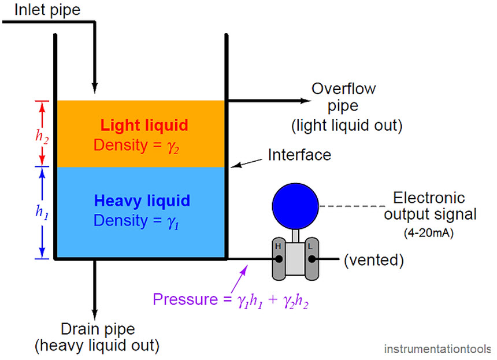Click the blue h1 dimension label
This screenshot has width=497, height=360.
coord(42,212)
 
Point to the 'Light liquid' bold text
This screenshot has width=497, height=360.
coord(144,125)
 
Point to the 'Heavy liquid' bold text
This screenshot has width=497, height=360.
coord(142,201)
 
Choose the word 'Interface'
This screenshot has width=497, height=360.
coord(299,155)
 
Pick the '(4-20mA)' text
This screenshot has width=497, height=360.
coord(428,234)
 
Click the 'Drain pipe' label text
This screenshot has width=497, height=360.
coord(98,329)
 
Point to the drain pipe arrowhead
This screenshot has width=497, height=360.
coord(93,312)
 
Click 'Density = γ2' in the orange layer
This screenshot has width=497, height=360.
coord(137,145)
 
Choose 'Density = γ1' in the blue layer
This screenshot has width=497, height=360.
coord(137,221)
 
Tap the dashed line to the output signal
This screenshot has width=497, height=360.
coord(353,206)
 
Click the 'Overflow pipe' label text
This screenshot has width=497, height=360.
coord(344,98)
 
